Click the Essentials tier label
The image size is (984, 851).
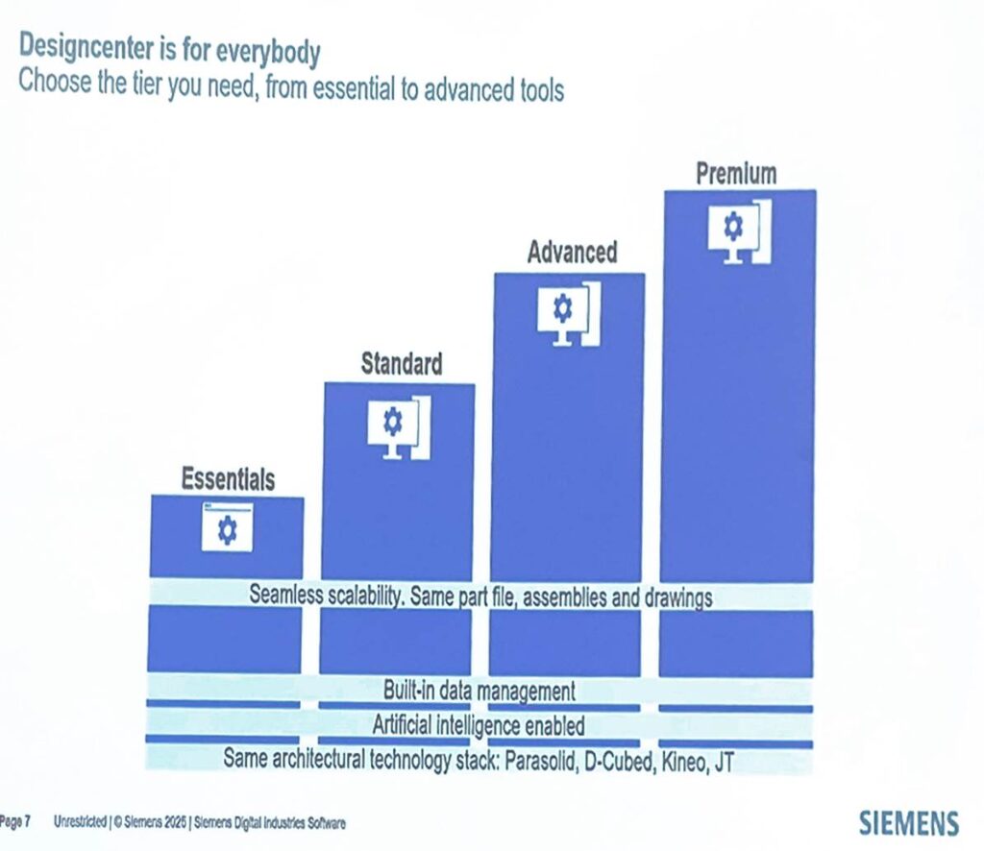[x=229, y=478]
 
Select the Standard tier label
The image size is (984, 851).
[x=402, y=364]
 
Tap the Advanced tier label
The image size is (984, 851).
[x=572, y=253]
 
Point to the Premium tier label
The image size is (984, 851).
[x=736, y=174]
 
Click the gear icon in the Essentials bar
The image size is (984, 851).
[x=227, y=528]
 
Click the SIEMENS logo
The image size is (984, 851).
[x=908, y=823]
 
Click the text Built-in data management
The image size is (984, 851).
[x=479, y=690]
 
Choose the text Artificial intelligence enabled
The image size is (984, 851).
[x=479, y=725]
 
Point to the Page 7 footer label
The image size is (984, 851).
[x=16, y=822]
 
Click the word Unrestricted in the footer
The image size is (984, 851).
[x=80, y=822]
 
